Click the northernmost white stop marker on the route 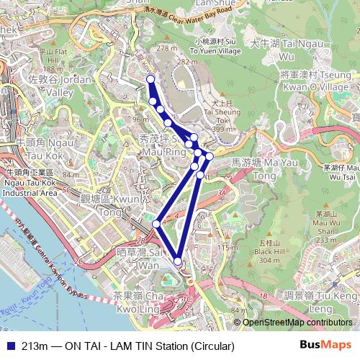150,79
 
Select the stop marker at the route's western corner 156,224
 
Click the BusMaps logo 325,346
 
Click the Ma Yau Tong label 256,169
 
